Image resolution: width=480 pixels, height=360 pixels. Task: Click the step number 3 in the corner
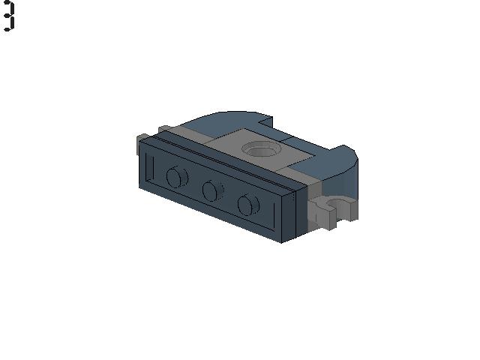(8, 16)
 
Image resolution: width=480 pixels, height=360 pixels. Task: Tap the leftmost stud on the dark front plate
(176, 178)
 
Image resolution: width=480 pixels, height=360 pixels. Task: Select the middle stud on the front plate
(213, 191)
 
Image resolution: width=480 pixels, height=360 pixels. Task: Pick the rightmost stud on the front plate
(248, 204)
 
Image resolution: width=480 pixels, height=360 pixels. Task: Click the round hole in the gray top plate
(262, 149)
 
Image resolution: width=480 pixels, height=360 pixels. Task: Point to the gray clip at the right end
(334, 212)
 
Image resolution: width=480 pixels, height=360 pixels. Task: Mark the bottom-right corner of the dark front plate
(281, 242)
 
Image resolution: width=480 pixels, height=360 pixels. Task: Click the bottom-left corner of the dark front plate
(140, 188)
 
